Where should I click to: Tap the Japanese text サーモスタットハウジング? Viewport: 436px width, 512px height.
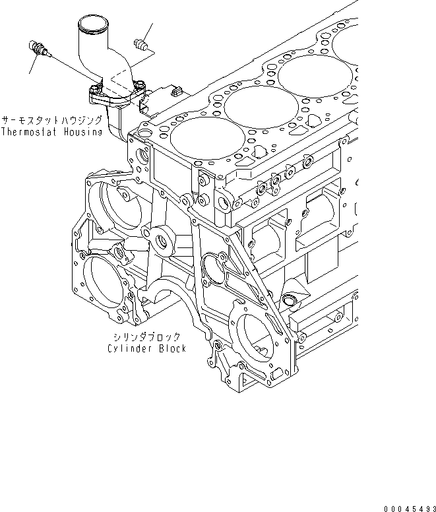(x=51, y=121)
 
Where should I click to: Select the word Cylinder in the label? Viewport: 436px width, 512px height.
(x=129, y=348)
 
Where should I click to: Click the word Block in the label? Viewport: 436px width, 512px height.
(x=171, y=348)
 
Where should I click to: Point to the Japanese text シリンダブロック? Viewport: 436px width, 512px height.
(x=145, y=336)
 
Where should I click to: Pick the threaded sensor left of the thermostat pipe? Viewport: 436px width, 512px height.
(x=37, y=49)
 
